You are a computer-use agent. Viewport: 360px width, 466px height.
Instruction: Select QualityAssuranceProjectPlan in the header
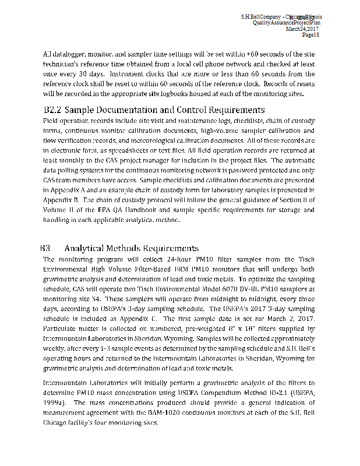click(287, 22)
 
